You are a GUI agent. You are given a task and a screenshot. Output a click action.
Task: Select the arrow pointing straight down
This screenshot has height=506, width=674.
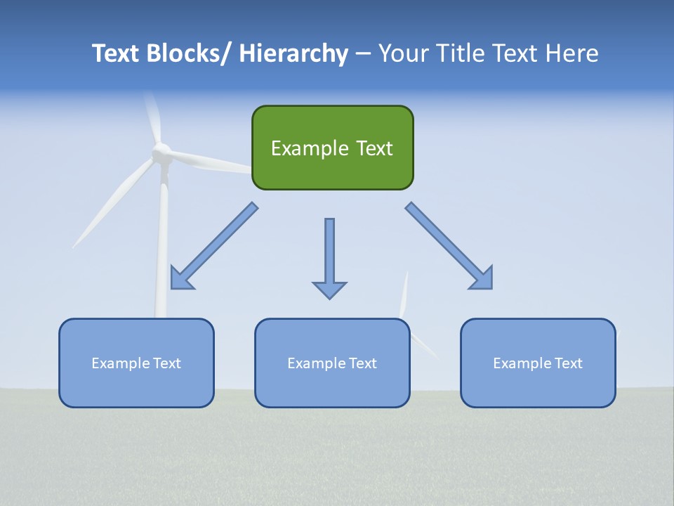pos(329,257)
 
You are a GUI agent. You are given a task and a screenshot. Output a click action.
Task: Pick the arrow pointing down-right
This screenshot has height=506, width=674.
pos(449,246)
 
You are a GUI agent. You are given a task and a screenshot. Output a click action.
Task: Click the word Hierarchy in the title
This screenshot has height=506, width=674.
pos(293,53)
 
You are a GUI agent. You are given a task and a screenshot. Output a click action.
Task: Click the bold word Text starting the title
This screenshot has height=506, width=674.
pos(117,53)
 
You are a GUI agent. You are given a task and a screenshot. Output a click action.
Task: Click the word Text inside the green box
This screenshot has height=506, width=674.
pos(373,148)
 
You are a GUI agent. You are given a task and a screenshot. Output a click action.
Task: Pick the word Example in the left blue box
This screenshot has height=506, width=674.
pos(120,363)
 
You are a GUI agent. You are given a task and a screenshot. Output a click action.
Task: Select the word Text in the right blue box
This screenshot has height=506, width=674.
pos(568,363)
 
